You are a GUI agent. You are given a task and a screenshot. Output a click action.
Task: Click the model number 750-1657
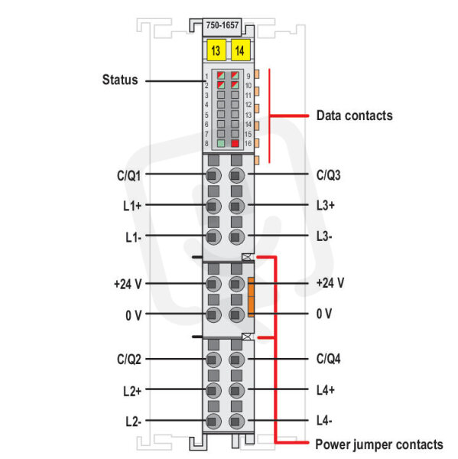click(x=223, y=25)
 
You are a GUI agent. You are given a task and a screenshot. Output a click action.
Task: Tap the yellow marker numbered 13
click(x=216, y=50)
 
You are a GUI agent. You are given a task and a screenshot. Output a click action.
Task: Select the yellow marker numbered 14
click(x=241, y=50)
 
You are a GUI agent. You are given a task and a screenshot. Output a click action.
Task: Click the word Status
click(x=120, y=80)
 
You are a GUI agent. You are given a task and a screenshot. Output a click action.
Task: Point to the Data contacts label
click(x=355, y=116)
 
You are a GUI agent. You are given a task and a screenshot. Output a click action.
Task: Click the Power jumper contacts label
click(x=379, y=444)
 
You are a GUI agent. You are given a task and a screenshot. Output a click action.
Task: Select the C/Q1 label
click(x=128, y=176)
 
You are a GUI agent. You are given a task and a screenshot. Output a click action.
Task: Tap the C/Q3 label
click(x=328, y=175)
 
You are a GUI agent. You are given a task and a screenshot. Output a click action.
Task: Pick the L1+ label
click(x=132, y=206)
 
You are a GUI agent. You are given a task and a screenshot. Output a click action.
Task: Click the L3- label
click(x=324, y=236)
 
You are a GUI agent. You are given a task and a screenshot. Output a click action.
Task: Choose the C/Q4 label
click(x=328, y=359)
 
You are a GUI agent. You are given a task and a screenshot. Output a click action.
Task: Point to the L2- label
click(x=134, y=422)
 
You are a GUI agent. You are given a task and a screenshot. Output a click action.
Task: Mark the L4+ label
click(x=326, y=390)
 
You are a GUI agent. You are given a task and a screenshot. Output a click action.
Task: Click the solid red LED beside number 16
click(x=235, y=143)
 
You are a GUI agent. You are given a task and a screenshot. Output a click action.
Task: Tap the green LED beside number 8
click(x=221, y=143)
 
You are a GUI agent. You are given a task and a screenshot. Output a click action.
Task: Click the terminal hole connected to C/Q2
click(x=213, y=360)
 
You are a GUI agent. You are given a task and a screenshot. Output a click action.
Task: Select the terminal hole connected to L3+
click(x=236, y=206)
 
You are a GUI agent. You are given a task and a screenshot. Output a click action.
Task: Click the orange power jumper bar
click(x=251, y=297)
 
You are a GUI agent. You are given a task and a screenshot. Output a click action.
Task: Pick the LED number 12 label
click(x=248, y=105)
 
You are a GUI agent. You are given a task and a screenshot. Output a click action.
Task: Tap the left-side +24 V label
click(x=128, y=284)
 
